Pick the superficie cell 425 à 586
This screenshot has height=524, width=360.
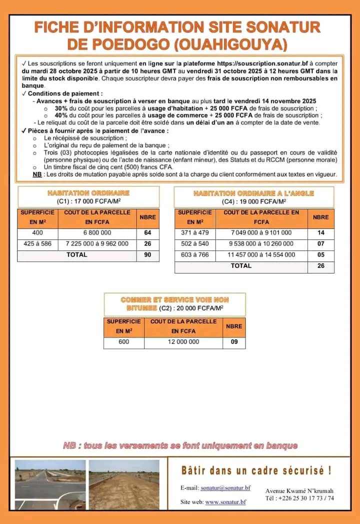coord(37,243)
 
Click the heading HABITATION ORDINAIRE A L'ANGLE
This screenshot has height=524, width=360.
coord(254,193)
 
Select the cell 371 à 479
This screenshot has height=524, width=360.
coord(195,233)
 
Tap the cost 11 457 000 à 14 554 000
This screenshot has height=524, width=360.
coord(261,255)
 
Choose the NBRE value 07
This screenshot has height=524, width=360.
coord(320,244)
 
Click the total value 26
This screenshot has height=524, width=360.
coord(320,266)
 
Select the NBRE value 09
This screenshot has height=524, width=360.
coord(234,342)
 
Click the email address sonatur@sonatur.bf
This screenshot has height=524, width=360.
coord(225,487)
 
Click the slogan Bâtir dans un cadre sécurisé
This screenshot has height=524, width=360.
coord(256,470)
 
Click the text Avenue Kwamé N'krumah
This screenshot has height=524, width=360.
coord(299,490)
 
